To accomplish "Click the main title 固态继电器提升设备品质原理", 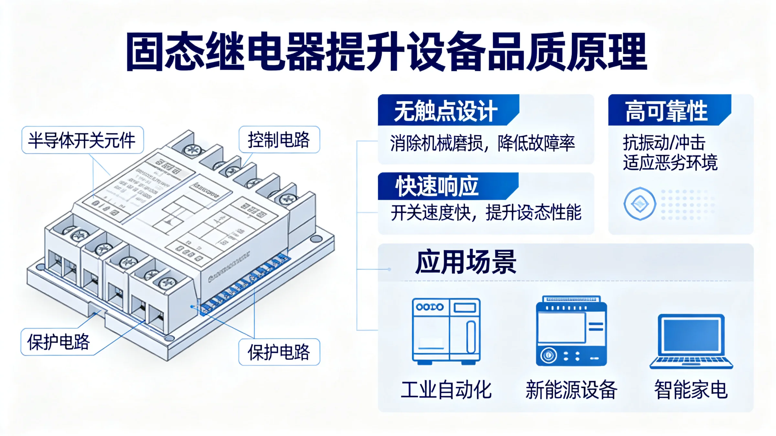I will click(386, 52).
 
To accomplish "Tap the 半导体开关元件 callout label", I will click(82, 140).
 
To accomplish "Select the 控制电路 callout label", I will click(279, 140).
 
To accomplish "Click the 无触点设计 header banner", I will click(446, 111).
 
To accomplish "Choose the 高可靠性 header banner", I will click(666, 111).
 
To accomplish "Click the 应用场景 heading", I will click(466, 262).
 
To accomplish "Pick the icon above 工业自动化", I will click(446, 331).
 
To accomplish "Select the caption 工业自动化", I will click(446, 390).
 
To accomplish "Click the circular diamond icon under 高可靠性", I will click(640, 204).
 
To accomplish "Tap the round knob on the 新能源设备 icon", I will click(548, 355).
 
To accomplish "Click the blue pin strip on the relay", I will click(246, 284).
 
